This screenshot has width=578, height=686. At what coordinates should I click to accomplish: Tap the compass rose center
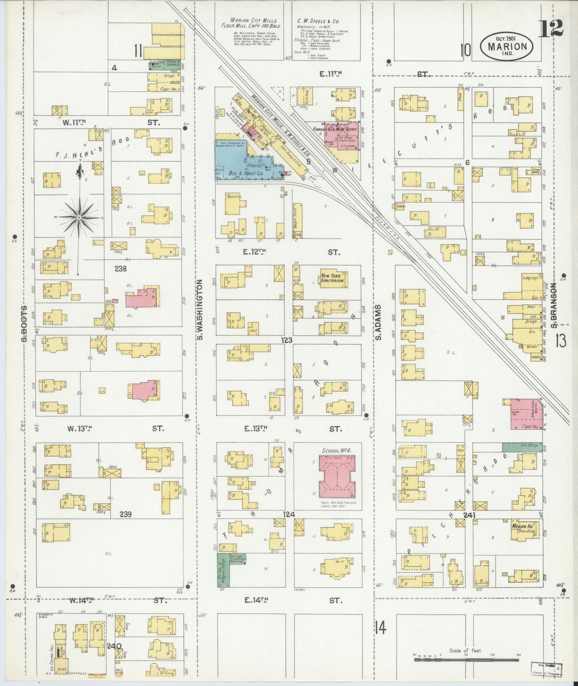(x=79, y=217)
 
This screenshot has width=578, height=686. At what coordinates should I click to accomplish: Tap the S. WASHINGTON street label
(x=200, y=310)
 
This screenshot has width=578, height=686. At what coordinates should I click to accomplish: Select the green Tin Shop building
(x=522, y=447)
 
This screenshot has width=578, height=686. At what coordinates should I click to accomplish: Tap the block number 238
(x=120, y=269)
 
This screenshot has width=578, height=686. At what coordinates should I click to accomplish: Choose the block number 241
(x=469, y=515)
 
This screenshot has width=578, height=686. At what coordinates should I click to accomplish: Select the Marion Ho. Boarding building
(x=523, y=529)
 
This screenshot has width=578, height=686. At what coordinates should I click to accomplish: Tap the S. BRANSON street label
(x=553, y=305)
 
